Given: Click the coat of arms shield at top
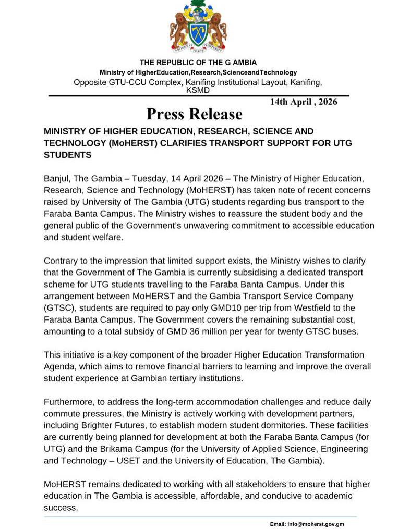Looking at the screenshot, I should (198, 31).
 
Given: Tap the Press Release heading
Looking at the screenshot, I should (194, 114).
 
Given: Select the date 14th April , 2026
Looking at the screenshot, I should (303, 102).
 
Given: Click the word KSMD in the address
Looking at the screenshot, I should (198, 90).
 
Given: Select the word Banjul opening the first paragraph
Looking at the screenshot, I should (56, 179).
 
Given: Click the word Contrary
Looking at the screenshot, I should (62, 261).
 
